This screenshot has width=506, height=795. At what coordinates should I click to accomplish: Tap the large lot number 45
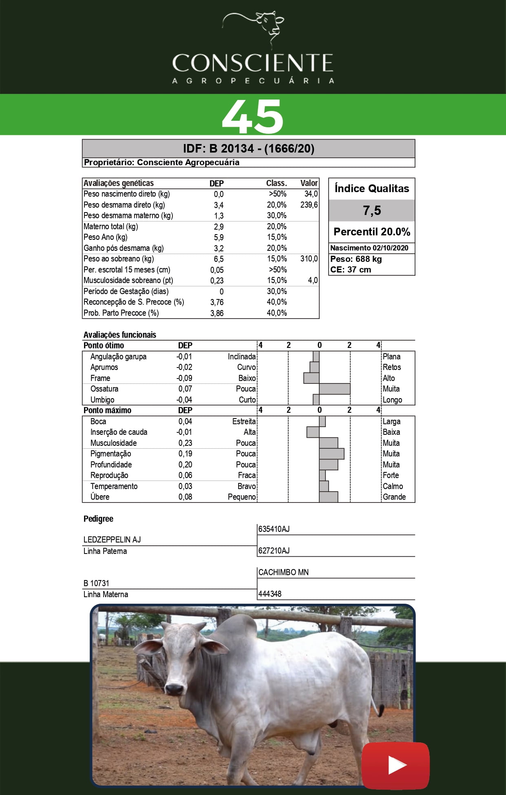[x=253, y=116]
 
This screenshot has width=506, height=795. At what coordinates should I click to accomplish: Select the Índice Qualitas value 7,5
[x=372, y=210]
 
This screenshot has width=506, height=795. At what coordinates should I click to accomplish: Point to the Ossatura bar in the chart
[x=334, y=389]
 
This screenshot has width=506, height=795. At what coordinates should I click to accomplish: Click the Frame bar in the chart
[x=312, y=378]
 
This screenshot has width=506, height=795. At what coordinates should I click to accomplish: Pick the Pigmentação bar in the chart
[x=331, y=454]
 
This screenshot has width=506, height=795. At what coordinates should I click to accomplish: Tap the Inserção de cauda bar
[x=313, y=432]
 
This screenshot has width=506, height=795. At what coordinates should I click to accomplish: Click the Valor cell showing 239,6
[x=309, y=205]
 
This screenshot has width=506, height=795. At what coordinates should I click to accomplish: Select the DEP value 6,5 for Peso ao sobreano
[x=219, y=259]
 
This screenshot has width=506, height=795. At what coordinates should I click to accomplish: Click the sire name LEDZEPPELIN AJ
[x=112, y=540]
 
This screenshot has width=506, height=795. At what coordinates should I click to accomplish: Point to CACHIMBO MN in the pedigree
[x=283, y=572]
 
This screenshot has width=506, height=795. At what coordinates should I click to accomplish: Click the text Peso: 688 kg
[x=356, y=259]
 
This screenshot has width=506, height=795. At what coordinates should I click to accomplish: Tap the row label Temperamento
[x=114, y=486]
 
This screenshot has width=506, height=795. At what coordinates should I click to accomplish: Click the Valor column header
[x=309, y=183]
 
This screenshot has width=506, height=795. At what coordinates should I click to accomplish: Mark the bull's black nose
[x=175, y=689]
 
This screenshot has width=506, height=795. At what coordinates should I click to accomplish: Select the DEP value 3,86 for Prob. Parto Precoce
[x=217, y=313]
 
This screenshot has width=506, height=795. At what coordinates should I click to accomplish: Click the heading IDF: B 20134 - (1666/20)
[x=248, y=148]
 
